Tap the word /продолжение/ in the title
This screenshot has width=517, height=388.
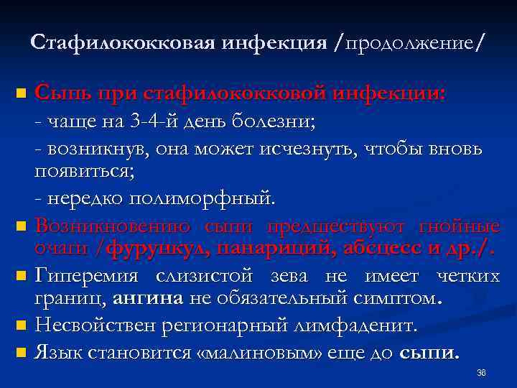[x=408, y=43]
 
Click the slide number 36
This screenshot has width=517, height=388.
[x=482, y=373]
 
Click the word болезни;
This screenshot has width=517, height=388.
[x=273, y=121]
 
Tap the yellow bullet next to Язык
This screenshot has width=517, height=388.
[x=22, y=353]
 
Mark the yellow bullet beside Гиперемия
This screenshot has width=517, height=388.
[x=22, y=276]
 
